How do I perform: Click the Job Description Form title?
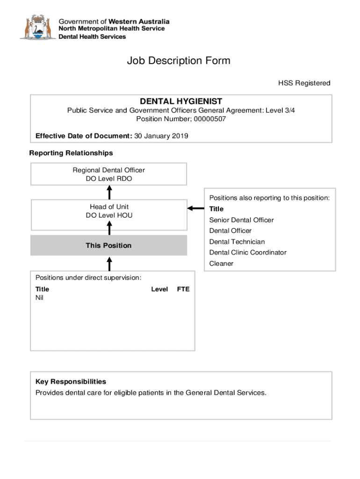(x=179, y=61)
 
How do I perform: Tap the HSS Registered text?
(x=304, y=83)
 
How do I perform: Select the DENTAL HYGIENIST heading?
(x=181, y=102)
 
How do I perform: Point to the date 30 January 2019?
(x=161, y=136)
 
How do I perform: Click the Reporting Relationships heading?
(x=71, y=153)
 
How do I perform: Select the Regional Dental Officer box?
(x=108, y=174)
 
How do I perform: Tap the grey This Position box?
(x=108, y=246)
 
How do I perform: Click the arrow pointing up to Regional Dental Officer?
(x=109, y=192)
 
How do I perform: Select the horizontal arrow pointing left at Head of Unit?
(x=195, y=208)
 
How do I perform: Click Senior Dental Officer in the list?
(x=241, y=220)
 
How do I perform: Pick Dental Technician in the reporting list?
(x=237, y=242)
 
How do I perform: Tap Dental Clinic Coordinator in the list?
(x=248, y=253)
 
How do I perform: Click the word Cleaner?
(x=221, y=263)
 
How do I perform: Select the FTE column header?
(x=183, y=289)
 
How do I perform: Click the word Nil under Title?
(x=40, y=298)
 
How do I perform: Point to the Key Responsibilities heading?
(x=71, y=382)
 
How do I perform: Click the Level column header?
(x=159, y=289)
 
